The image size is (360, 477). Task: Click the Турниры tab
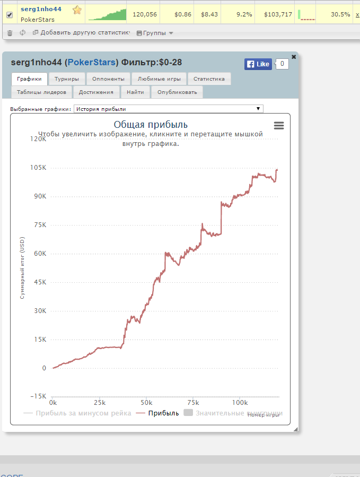click(x=67, y=79)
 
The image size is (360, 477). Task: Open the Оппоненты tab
click(x=108, y=79)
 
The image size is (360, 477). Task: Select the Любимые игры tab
click(x=159, y=79)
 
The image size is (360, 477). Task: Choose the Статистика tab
click(x=209, y=79)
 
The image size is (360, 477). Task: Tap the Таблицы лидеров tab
click(x=41, y=92)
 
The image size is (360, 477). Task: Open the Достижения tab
click(x=96, y=92)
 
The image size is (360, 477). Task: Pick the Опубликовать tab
click(x=177, y=92)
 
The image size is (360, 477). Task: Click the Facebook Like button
click(x=258, y=64)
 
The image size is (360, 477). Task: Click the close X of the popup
click(x=294, y=57)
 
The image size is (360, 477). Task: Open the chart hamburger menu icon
click(x=279, y=125)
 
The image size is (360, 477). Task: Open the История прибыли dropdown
click(x=168, y=109)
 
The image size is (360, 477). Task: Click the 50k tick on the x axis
click(x=146, y=402)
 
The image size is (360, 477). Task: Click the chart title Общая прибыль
click(x=151, y=125)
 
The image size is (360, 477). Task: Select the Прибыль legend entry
click(x=158, y=413)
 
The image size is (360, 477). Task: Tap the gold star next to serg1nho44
click(x=77, y=10)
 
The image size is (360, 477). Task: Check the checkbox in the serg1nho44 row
click(x=9, y=14)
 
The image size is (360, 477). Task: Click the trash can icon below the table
click(x=10, y=33)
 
